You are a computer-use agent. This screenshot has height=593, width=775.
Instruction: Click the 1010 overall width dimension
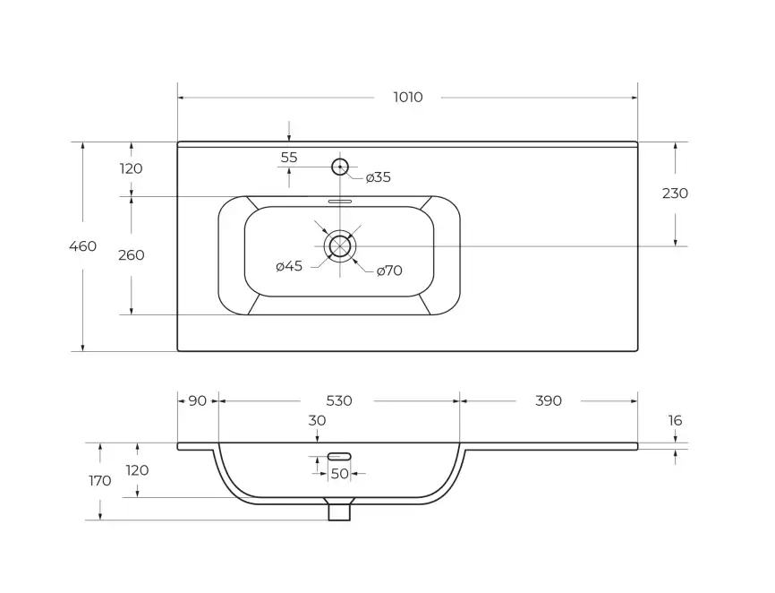407,98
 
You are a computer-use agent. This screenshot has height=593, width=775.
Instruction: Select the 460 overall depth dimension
82,246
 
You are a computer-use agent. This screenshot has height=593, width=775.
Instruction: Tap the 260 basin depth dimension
131,255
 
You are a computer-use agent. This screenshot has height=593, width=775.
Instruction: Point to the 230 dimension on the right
675,193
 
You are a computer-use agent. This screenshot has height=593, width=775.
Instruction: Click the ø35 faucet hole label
379,177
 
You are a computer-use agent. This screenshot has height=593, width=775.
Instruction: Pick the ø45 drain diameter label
289,267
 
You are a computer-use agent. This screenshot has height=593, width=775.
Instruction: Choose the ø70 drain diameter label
389,271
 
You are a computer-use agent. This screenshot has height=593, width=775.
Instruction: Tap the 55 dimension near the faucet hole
289,158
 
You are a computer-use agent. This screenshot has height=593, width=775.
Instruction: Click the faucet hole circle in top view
340,166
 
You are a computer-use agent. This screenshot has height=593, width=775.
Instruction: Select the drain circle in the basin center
340,245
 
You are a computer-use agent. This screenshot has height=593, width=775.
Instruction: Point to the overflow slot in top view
340,202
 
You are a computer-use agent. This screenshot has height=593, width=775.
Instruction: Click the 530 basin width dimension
339,401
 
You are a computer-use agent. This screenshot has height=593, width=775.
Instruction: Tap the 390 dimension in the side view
549,401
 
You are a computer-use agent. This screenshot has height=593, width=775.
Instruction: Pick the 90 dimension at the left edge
198,401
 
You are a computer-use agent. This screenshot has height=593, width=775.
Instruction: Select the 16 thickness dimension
675,420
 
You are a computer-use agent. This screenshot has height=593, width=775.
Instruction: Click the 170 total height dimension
100,481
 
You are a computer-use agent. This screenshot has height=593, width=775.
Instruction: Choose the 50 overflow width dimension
340,473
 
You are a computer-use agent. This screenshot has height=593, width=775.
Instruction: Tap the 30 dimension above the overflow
317,421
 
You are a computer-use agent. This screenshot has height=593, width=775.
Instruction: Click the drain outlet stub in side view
340,511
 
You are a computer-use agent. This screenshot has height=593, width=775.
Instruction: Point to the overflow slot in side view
340,457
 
